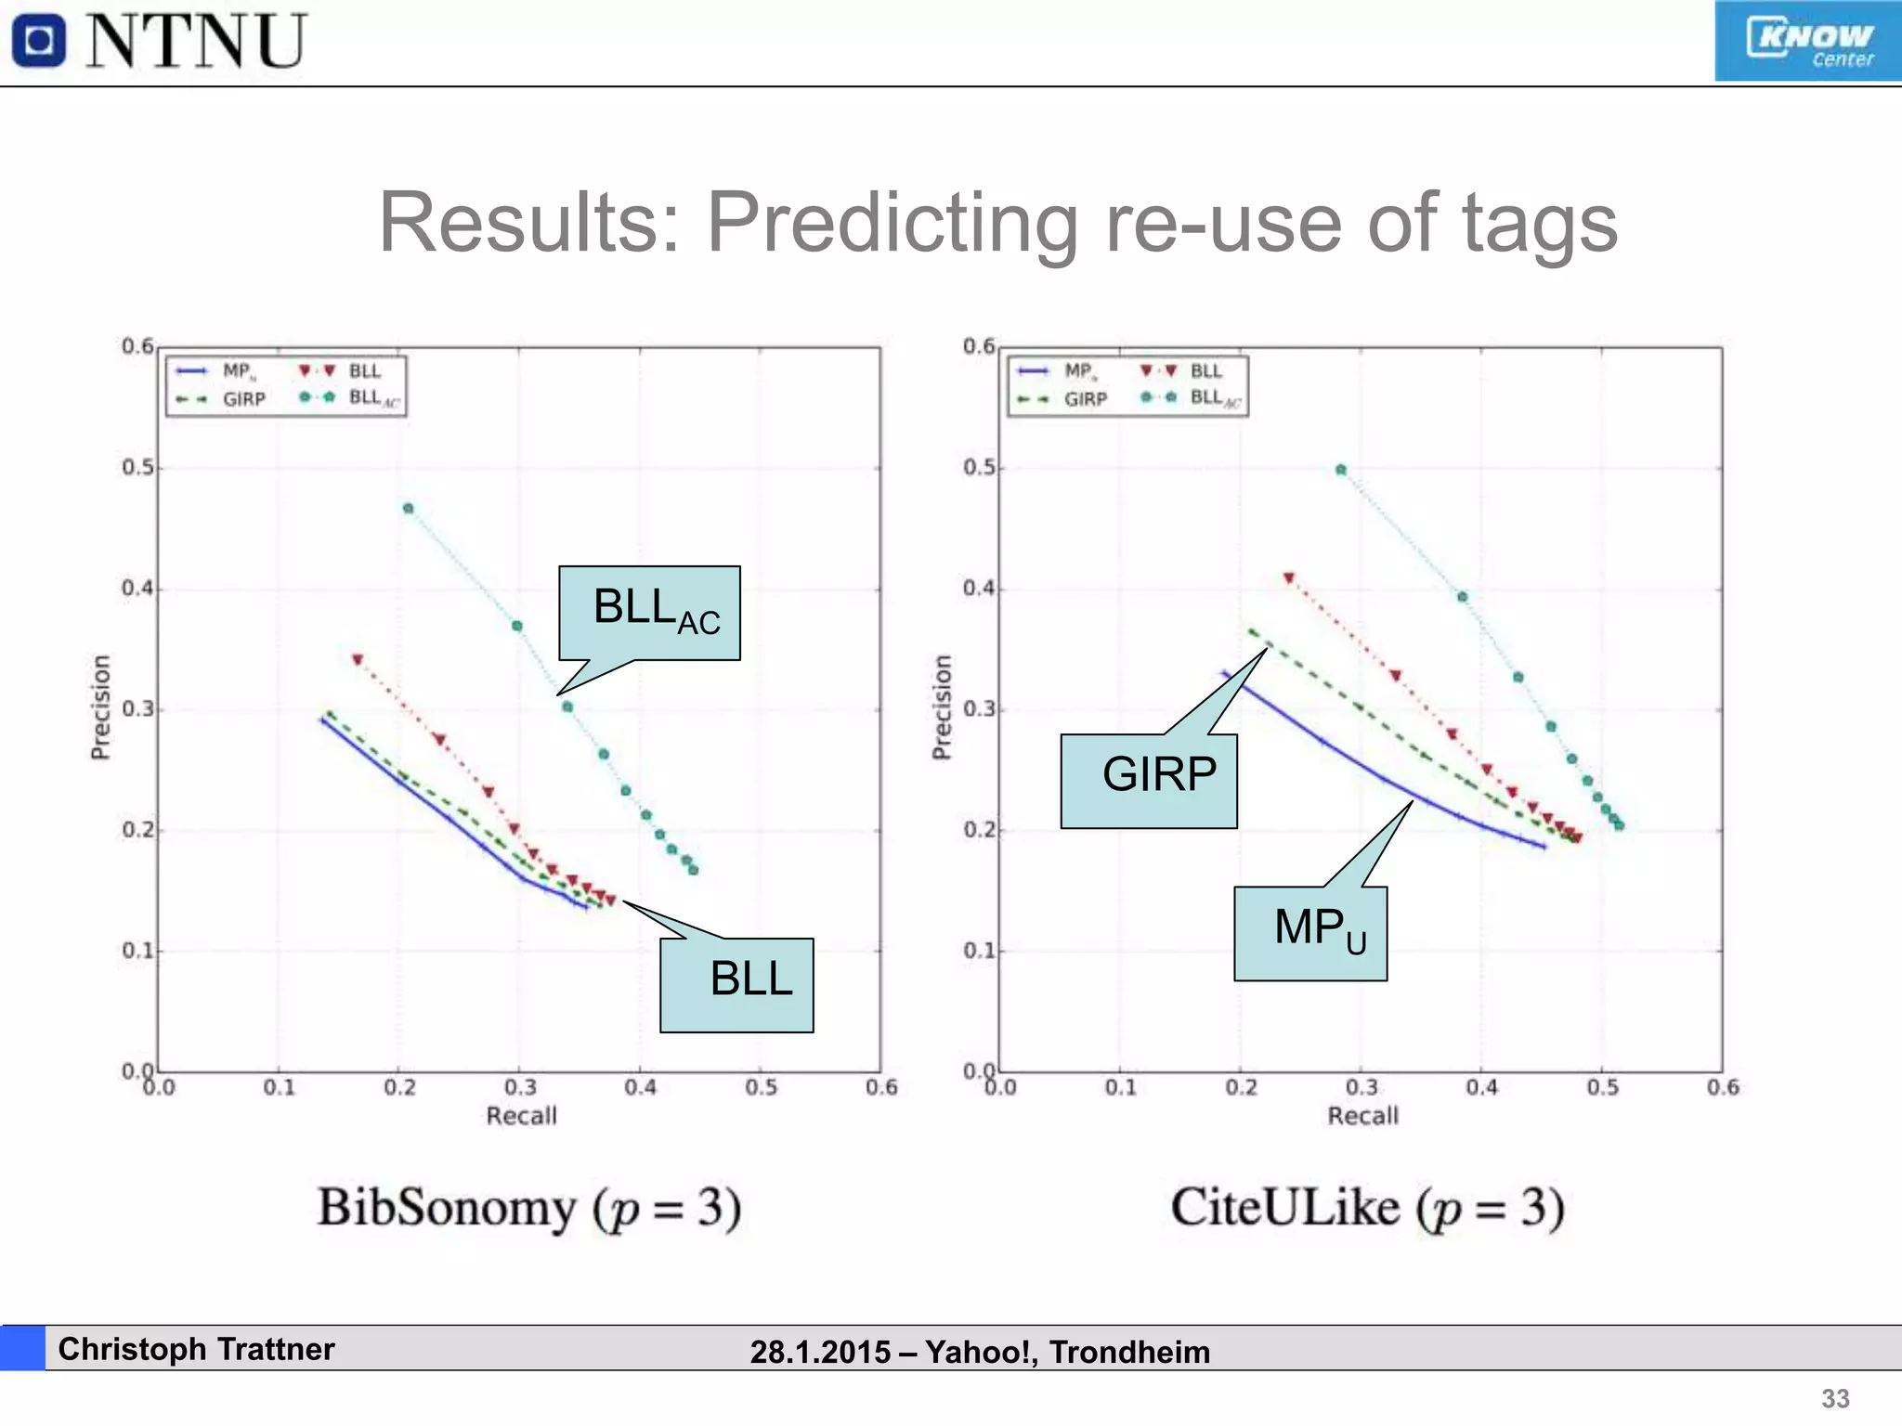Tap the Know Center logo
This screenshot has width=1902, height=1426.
pyautogui.click(x=1807, y=42)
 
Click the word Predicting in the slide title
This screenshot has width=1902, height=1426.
pyautogui.click(x=892, y=223)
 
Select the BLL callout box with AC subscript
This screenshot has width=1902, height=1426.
pyautogui.click(x=649, y=613)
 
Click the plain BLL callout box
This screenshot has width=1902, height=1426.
pyautogui.click(x=736, y=984)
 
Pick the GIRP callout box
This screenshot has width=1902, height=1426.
pyautogui.click(x=1149, y=780)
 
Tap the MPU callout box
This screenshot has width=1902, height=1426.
pyautogui.click(x=1310, y=933)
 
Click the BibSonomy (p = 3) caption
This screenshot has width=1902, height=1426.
pyautogui.click(x=529, y=1209)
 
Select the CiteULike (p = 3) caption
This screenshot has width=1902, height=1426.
pyautogui.click(x=1367, y=1209)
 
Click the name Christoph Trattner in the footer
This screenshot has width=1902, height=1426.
pyautogui.click(x=196, y=1349)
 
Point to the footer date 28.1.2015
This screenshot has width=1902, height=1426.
pyautogui.click(x=820, y=1352)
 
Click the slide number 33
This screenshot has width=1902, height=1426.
pyautogui.click(x=1835, y=1398)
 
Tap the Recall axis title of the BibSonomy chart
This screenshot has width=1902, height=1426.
pyautogui.click(x=521, y=1116)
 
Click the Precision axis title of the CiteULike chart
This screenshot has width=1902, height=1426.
pyautogui.click(x=942, y=707)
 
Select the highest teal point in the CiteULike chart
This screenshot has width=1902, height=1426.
pyautogui.click(x=1341, y=470)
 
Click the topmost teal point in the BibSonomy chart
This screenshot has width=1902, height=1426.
pyautogui.click(x=408, y=509)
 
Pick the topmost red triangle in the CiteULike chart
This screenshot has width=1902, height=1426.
pyautogui.click(x=1289, y=578)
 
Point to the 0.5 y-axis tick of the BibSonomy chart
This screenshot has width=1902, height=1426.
pyautogui.click(x=137, y=467)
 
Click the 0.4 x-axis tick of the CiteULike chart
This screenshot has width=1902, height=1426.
pyautogui.click(x=1482, y=1087)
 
